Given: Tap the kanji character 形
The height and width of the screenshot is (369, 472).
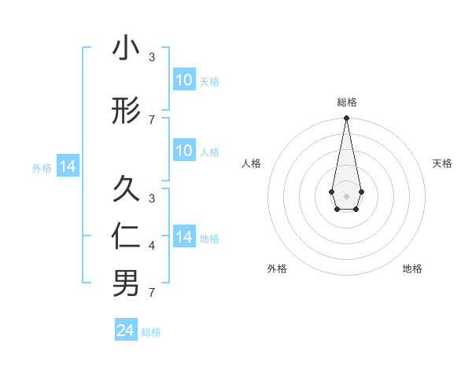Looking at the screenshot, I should [126, 112].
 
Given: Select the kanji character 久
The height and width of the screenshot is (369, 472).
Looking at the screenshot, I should [126, 188].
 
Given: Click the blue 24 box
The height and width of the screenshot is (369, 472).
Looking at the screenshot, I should [126, 331].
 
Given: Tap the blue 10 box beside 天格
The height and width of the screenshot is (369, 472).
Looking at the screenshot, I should [183, 80].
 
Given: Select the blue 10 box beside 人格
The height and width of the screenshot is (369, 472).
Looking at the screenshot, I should [183, 151].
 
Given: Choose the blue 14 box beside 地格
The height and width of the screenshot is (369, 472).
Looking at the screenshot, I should [183, 237].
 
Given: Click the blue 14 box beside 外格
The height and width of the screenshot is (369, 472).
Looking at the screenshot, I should [67, 166].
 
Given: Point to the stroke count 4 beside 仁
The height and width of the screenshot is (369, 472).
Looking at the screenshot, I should [152, 247].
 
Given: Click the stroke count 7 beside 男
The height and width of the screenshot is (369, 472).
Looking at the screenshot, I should [152, 293].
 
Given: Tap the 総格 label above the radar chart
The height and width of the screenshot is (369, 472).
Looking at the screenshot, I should [346, 102].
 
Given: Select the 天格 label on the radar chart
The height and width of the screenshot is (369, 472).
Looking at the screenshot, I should [442, 163].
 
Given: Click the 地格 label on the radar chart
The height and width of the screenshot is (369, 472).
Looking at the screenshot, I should [412, 269].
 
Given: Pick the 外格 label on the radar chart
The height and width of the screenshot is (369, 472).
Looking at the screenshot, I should [277, 269].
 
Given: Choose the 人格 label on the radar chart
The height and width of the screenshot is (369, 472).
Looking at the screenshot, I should [252, 163].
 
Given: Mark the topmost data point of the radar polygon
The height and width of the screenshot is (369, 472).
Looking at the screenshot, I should [346, 118].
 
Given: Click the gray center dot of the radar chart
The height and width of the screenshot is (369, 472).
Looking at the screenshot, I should [346, 195].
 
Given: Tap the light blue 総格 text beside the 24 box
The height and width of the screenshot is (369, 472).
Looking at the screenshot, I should [151, 332].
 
